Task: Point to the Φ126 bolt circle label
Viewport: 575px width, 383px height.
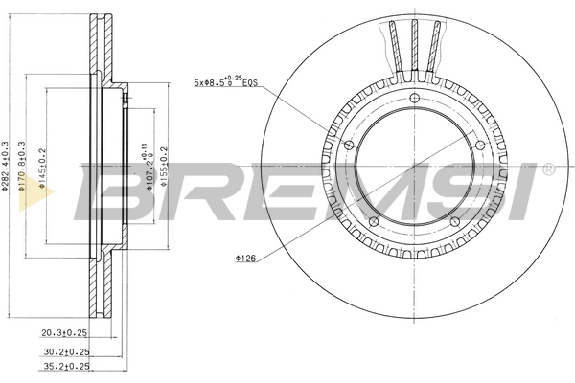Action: (x=245, y=258)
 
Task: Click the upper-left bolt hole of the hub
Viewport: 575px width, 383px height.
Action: (x=349, y=145)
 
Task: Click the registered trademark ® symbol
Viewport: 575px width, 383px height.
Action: (x=547, y=170)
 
